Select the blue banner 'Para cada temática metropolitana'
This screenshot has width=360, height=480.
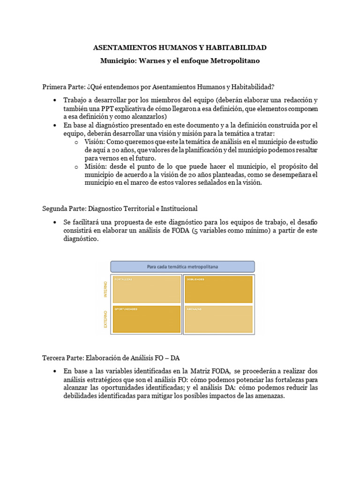tap(182, 267)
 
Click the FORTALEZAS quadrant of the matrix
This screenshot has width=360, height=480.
tap(147, 289)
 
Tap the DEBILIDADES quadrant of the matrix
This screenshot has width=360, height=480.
tap(218, 289)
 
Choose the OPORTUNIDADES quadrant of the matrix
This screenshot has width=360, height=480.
tap(147, 319)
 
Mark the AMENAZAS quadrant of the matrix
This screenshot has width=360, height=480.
tap(218, 319)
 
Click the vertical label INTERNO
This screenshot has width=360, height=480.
tap(106, 289)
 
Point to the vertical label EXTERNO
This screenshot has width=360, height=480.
tap(106, 319)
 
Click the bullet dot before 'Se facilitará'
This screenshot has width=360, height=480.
tap(55, 222)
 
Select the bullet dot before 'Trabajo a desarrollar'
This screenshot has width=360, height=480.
tap(55, 100)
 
